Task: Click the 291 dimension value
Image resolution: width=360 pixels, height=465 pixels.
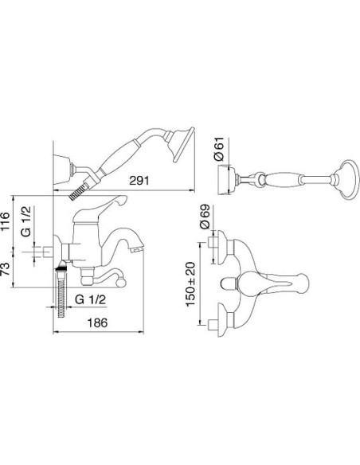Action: point(139,180)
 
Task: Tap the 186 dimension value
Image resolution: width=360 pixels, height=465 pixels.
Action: point(97,322)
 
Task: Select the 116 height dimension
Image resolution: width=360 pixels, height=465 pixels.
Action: point(6,221)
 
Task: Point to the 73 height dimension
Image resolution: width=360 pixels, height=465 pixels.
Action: point(6,269)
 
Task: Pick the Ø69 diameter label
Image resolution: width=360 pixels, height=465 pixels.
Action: point(205,217)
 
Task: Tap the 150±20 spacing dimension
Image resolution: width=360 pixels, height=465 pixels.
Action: point(190,284)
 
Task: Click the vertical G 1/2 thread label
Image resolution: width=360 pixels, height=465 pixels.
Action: point(26,221)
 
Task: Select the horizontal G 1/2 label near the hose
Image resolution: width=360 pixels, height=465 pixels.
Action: point(90,299)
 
